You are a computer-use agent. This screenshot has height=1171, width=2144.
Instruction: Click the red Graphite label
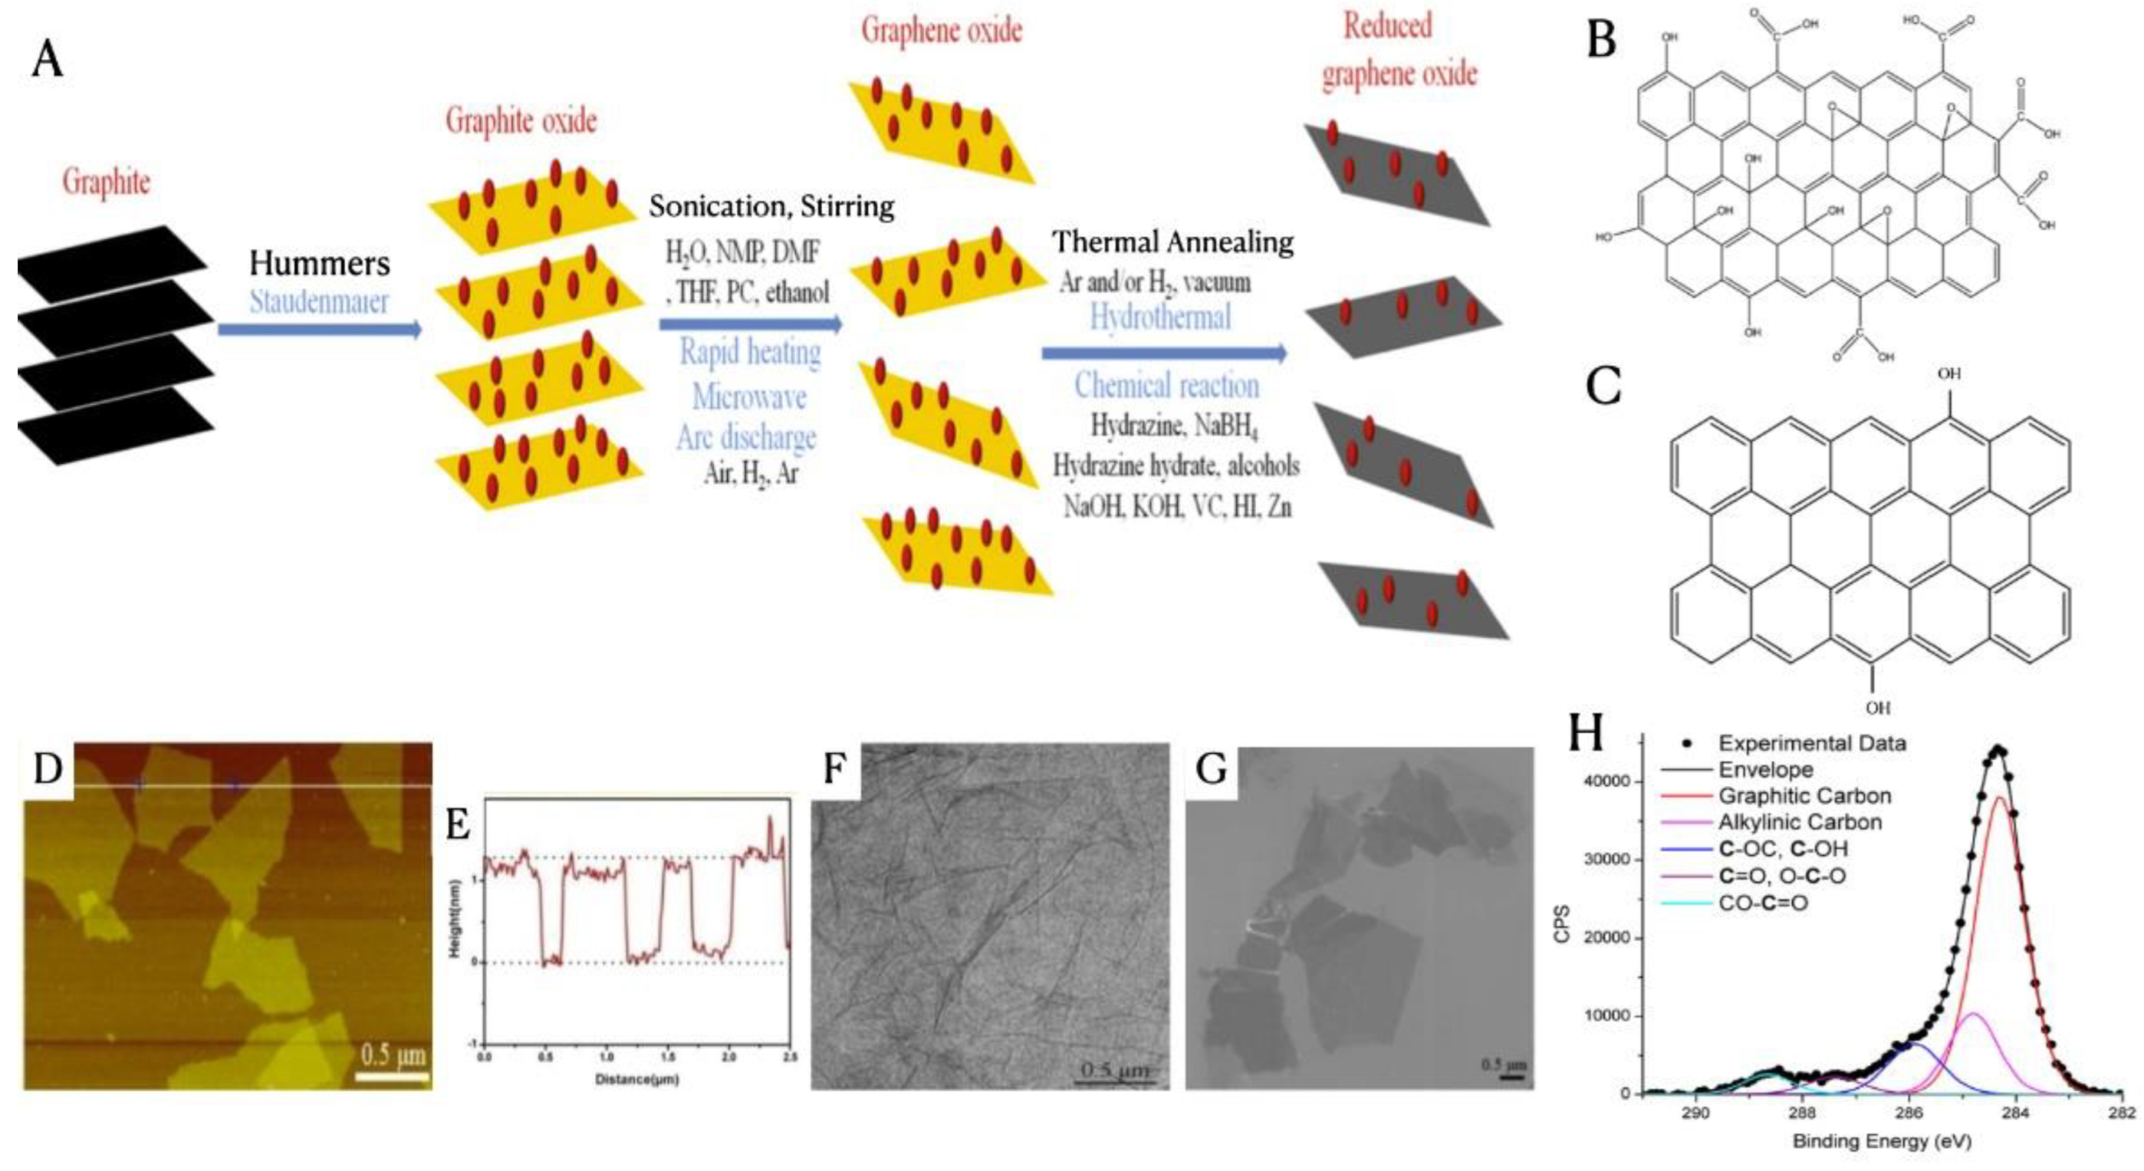click(x=106, y=181)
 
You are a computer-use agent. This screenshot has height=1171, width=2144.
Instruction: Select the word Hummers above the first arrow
click(x=320, y=264)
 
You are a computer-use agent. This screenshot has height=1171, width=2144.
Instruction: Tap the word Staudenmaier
click(x=320, y=301)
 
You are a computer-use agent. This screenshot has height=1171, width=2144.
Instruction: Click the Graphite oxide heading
click(x=521, y=121)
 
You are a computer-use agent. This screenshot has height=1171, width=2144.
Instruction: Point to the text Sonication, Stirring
click(x=771, y=205)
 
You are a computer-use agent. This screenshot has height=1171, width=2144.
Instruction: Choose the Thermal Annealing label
click(x=1173, y=242)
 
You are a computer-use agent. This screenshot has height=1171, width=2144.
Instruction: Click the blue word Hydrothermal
click(x=1160, y=317)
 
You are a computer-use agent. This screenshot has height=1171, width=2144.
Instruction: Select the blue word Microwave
click(x=749, y=397)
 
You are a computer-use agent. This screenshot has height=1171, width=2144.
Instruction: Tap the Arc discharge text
click(x=746, y=437)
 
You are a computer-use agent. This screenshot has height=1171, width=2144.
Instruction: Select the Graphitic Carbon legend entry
click(x=1805, y=796)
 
